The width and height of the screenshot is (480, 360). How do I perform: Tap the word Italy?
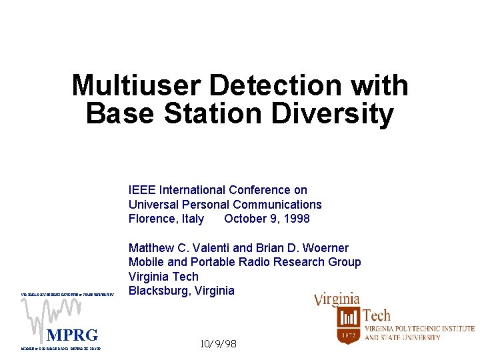(193, 219)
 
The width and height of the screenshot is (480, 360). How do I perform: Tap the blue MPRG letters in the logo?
(72, 335)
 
